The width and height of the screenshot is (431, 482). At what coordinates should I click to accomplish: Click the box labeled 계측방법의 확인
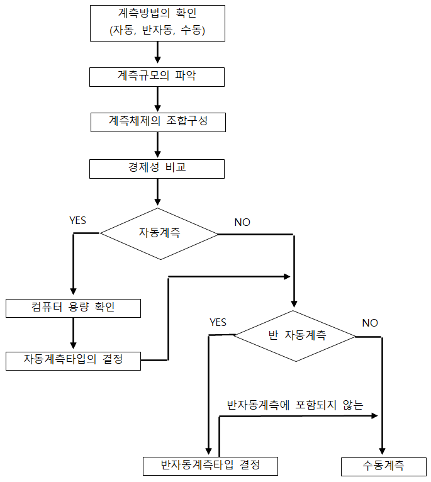click(157, 23)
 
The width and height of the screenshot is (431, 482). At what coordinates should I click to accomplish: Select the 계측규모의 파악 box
click(157, 77)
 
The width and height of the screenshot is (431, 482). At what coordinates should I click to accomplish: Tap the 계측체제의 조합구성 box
click(158, 122)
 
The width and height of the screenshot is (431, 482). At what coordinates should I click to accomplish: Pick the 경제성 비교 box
click(157, 169)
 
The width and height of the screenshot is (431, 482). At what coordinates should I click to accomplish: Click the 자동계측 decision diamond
click(159, 233)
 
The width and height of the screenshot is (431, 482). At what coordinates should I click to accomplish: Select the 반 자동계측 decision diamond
click(294, 336)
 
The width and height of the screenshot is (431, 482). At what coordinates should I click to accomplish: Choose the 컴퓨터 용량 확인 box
click(73, 308)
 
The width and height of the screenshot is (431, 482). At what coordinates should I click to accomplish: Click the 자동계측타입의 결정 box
click(73, 361)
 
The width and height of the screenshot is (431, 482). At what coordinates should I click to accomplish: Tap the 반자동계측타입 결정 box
click(210, 466)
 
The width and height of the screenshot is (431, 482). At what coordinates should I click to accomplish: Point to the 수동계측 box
click(384, 467)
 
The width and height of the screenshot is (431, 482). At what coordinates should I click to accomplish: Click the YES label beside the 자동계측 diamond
click(78, 220)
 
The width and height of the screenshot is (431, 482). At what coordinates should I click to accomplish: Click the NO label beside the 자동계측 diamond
click(242, 222)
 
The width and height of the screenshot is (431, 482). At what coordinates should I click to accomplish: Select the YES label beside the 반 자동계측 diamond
click(218, 322)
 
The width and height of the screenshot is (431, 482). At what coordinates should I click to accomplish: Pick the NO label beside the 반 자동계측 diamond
click(370, 323)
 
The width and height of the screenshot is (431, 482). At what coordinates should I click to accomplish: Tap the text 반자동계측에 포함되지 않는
click(295, 405)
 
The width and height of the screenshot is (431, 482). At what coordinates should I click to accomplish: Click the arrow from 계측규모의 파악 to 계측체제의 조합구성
click(157, 99)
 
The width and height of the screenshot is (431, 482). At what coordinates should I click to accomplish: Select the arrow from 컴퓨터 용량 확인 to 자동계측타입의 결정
click(73, 333)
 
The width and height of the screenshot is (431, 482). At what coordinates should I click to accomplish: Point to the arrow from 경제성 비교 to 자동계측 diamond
click(157, 192)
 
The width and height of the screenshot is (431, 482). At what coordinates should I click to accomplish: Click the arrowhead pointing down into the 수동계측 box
click(382, 451)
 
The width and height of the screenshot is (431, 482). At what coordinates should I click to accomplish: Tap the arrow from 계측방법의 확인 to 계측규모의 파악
click(157, 52)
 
